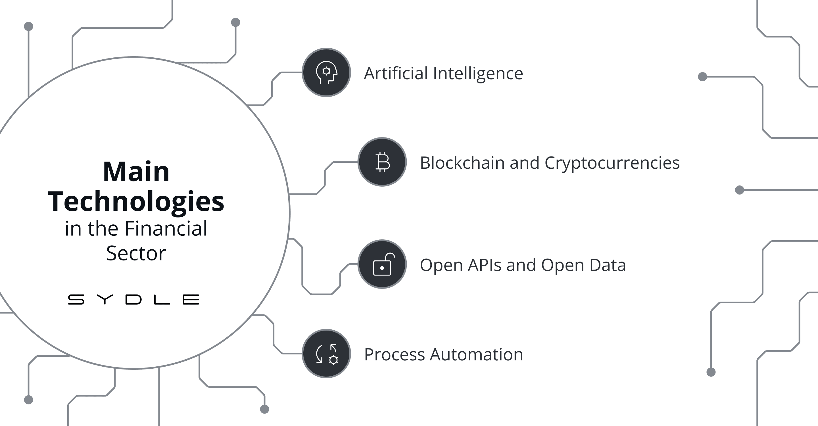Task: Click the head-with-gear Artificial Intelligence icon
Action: click(x=326, y=72)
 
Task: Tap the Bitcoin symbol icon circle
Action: click(x=382, y=162)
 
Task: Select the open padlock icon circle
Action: click(x=382, y=264)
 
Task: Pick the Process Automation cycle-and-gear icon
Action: click(x=326, y=354)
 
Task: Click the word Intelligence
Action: click(x=478, y=74)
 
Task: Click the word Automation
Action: click(x=476, y=355)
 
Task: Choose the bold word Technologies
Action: click(x=136, y=202)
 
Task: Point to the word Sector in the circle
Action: click(x=136, y=253)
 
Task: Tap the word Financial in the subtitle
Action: click(x=166, y=229)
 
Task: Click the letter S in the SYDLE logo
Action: click(x=76, y=299)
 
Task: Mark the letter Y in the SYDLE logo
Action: click(x=105, y=299)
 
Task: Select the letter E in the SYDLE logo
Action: click(x=191, y=299)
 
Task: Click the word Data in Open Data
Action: click(x=607, y=265)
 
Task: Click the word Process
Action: click(x=394, y=355)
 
